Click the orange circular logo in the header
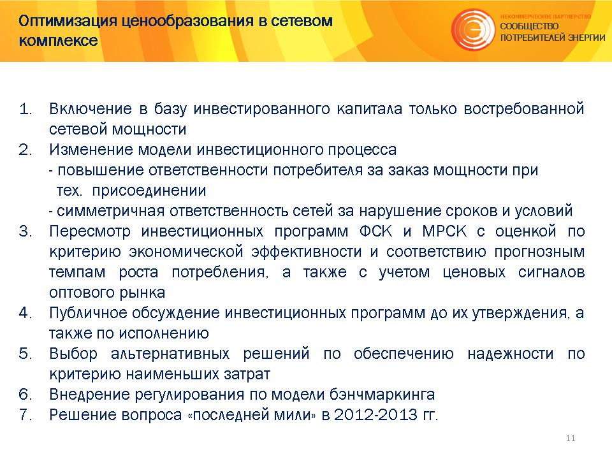pyautogui.click(x=473, y=30)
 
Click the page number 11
pyautogui.click(x=570, y=438)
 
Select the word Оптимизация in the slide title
pyautogui.click(x=68, y=21)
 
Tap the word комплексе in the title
pyautogui.click(x=58, y=40)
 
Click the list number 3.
pyautogui.click(x=25, y=231)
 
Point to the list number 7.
pyautogui.click(x=25, y=414)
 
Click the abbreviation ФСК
pyautogui.click(x=375, y=231)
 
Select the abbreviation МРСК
pyautogui.click(x=444, y=231)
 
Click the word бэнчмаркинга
pyautogui.click(x=382, y=395)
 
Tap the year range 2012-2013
pyautogui.click(x=376, y=414)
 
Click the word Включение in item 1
pyautogui.click(x=91, y=108)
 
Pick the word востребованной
pyautogui.click(x=524, y=109)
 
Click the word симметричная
pyautogui.click(x=110, y=211)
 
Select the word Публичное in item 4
pyautogui.click(x=88, y=313)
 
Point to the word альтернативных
pyautogui.click(x=170, y=354)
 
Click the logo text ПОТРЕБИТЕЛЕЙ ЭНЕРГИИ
pyautogui.click(x=553, y=38)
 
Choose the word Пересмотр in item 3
pyautogui.click(x=90, y=231)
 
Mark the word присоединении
pyautogui.click(x=149, y=191)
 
